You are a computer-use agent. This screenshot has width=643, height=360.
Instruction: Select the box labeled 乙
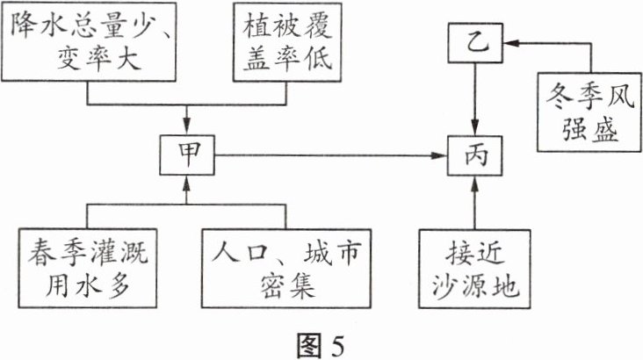tap(474, 41)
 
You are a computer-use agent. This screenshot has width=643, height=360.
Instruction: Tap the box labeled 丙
tap(474, 157)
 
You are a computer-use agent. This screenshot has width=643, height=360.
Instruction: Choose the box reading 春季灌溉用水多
tap(85, 267)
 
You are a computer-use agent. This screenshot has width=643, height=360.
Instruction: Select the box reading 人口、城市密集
tap(286, 267)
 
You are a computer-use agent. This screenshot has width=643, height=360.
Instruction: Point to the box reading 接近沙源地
tap(474, 267)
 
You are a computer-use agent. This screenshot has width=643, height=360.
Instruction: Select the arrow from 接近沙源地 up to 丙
tap(474, 204)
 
